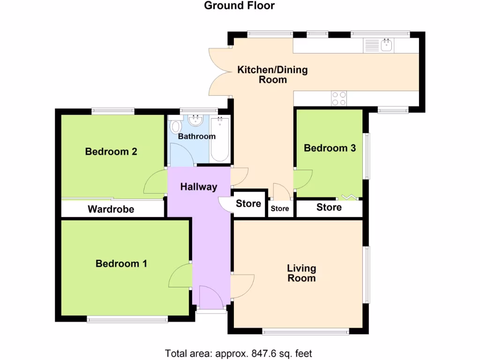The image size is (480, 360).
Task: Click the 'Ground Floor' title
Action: click(240, 6)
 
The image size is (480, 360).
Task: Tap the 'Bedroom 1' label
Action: click(121, 264)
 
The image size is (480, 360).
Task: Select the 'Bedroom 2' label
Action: click(111, 152)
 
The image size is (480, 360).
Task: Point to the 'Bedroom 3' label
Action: click(330, 148)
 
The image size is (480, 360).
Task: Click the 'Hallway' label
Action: click(199, 187)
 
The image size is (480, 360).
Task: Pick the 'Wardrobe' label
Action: click(111, 209)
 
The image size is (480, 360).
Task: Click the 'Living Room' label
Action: click(301, 273)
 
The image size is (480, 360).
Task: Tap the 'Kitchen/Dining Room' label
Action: click(272, 75)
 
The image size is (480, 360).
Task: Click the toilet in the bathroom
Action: click(176, 126)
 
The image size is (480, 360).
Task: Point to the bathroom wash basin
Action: click(195, 121)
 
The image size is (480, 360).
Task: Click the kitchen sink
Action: click(387, 45)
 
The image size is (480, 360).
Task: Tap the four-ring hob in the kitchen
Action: click(339, 98)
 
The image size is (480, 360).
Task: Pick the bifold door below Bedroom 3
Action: click(349, 197)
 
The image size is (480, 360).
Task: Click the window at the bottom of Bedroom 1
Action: click(127, 320)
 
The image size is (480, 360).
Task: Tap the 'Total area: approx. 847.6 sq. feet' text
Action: click(238, 353)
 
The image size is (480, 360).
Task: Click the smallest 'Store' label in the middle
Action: click(280, 209)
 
